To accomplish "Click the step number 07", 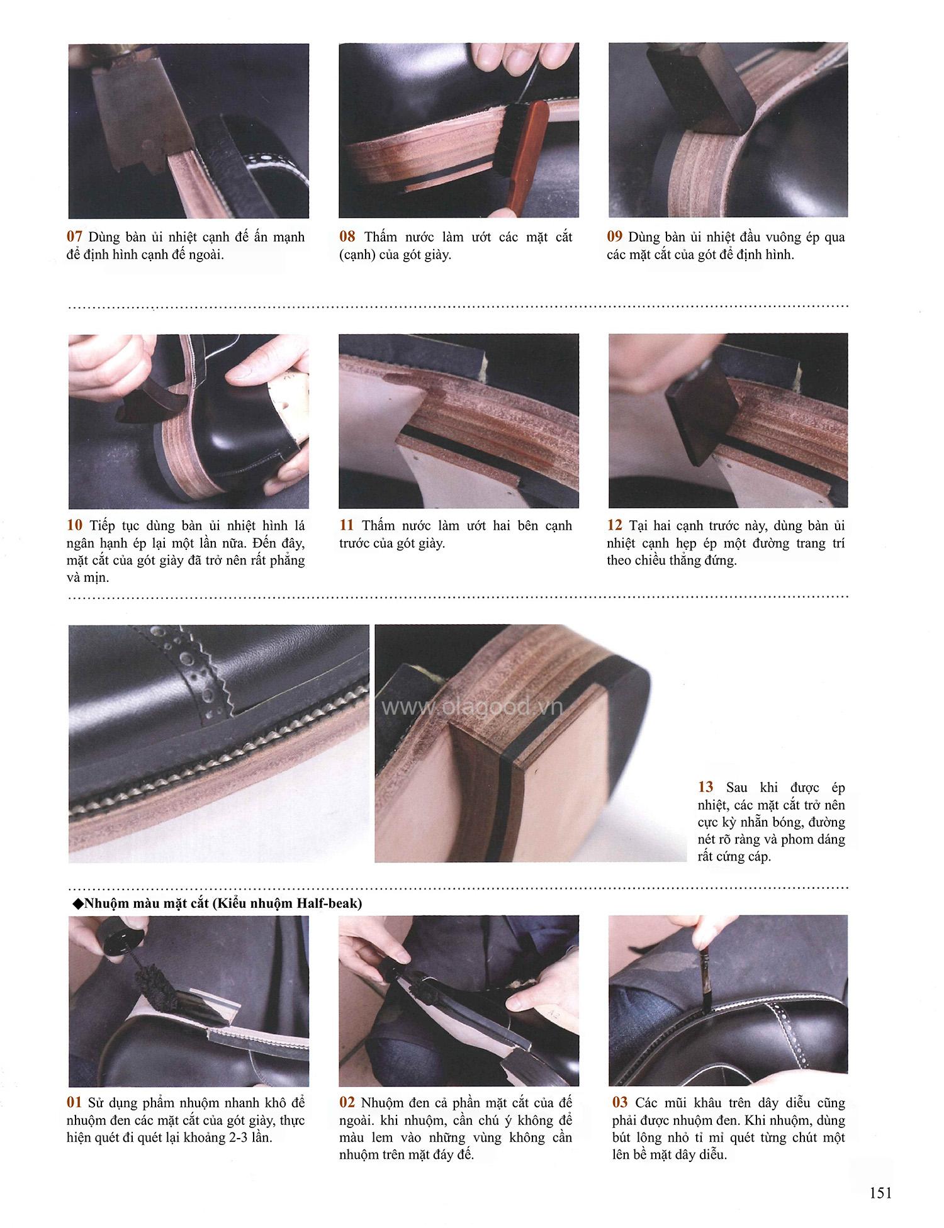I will (x=74, y=237).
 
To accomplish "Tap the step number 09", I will (x=615, y=237).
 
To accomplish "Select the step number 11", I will (x=347, y=525).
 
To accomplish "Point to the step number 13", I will (x=705, y=787).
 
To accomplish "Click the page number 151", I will (x=880, y=1193).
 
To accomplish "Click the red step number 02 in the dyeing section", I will (x=347, y=1103).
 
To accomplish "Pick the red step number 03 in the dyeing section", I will (x=620, y=1103).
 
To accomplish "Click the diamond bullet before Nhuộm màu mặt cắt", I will (x=78, y=904).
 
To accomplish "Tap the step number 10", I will (x=74, y=525).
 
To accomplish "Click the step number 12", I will (x=615, y=525).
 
